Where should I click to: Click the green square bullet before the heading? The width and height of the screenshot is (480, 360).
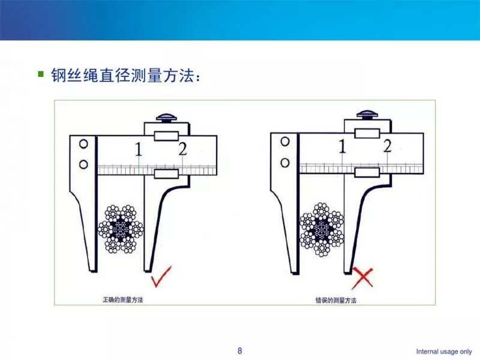click(x=41, y=74)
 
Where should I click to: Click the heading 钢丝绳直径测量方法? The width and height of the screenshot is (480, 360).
click(x=123, y=76)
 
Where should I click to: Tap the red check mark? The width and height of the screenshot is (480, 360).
click(x=161, y=277)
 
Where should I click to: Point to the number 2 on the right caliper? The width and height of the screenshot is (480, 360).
click(x=387, y=146)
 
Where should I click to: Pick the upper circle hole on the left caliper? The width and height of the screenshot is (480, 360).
click(x=84, y=144)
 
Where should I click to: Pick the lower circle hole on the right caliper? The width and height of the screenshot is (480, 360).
click(x=286, y=161)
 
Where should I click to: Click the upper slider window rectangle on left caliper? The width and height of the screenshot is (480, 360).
click(x=166, y=136)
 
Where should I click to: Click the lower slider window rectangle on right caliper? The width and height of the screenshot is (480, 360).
click(x=367, y=173)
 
